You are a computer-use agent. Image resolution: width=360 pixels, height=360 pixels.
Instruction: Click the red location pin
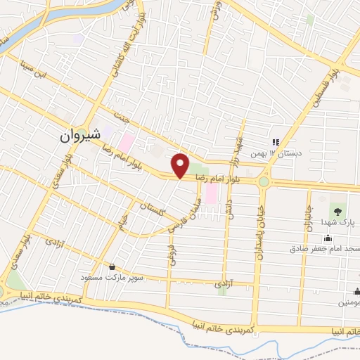(181, 165)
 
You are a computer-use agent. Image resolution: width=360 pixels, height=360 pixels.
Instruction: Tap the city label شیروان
(79, 134)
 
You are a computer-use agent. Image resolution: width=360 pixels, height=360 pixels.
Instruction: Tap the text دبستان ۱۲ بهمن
(281, 153)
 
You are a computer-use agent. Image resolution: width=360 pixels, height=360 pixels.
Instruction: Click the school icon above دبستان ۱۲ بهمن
(276, 141)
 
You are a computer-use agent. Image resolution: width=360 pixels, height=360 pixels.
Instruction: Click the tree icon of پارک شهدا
(338, 210)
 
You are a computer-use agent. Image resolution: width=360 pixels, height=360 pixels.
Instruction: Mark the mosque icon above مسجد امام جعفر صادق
(308, 239)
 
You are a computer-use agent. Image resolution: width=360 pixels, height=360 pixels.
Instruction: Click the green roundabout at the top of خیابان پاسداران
(264, 181)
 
